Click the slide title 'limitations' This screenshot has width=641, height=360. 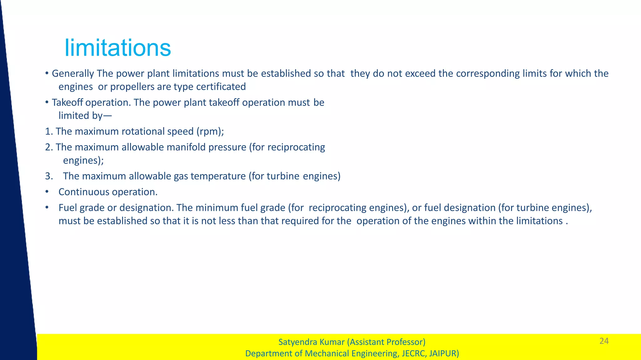118,48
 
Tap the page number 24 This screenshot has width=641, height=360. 604,341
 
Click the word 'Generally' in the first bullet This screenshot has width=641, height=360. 73,74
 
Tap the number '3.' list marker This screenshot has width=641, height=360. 49,176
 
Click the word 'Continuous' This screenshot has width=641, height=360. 84,192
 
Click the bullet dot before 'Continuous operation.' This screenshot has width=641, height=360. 47,192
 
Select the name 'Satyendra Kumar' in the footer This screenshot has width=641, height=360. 311,342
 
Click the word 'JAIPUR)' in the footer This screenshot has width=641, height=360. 444,353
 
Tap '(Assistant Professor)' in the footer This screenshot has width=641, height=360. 386,342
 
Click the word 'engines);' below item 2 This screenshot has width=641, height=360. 83,160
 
